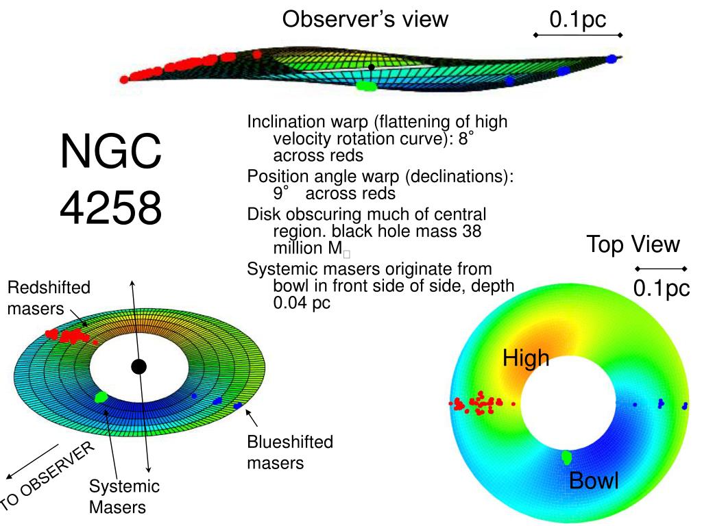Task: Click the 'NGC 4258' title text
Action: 111,179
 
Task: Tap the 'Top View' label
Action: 633,245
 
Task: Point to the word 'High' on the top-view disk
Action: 526,358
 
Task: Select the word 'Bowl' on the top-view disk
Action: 594,481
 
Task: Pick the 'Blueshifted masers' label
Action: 290,452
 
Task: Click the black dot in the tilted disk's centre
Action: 139,366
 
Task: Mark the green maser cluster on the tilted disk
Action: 101,396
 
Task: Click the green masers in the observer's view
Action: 366,87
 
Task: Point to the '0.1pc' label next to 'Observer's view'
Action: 577,20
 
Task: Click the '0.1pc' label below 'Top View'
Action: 661,288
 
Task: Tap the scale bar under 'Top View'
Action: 660,268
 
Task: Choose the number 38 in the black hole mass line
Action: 472,231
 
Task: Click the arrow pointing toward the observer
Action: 31,461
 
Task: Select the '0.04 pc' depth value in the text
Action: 302,302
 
